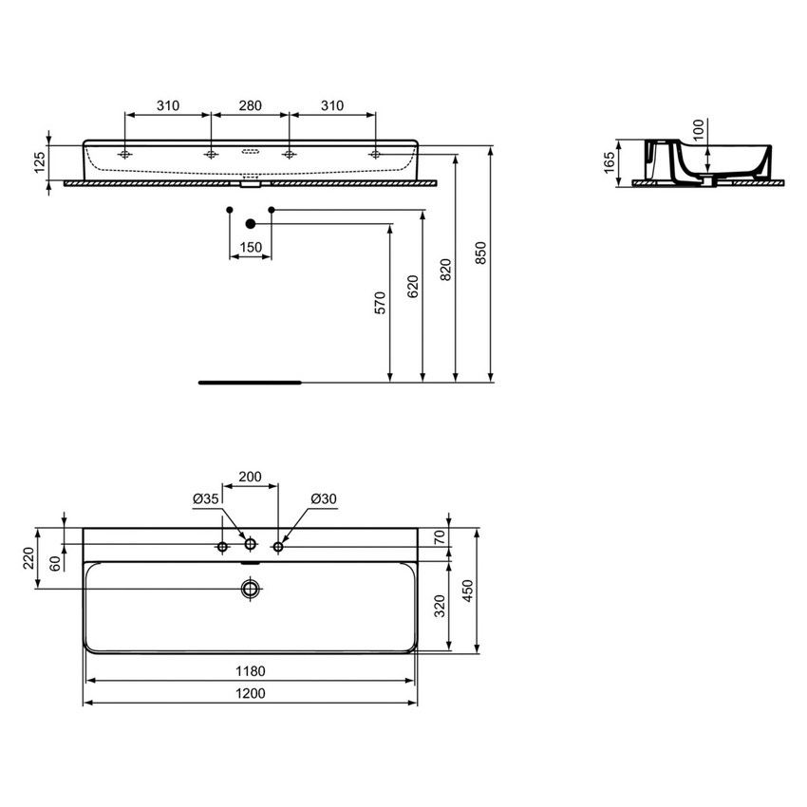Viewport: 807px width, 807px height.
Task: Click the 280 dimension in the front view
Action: point(250,105)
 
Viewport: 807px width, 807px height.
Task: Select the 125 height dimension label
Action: point(40,162)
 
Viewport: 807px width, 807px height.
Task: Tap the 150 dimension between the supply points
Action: point(251,247)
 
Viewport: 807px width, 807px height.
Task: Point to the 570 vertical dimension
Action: point(379,303)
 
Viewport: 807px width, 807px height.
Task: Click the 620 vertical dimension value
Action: point(411,287)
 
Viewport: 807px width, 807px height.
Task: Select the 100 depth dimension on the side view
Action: point(699,130)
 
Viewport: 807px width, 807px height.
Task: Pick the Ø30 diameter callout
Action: point(324,498)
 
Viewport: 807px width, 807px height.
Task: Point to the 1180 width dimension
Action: point(251,671)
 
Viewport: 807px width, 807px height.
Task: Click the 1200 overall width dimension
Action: point(251,693)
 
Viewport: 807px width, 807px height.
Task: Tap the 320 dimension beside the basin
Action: point(438,607)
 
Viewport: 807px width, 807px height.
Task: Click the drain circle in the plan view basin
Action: point(250,589)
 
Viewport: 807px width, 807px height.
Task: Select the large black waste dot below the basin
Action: point(251,224)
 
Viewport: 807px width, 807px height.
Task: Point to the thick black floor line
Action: point(249,383)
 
